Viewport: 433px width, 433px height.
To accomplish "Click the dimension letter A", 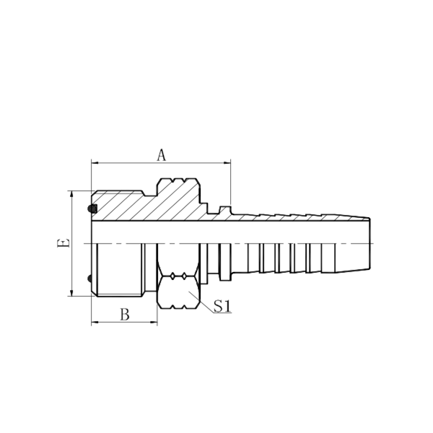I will (162, 154).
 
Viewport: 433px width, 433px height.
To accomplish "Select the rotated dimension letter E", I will (64, 243).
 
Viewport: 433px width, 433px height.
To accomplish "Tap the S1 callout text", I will (222, 307).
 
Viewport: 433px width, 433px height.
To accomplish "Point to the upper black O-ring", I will (92, 209).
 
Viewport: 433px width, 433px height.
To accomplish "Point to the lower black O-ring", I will (91, 279).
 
